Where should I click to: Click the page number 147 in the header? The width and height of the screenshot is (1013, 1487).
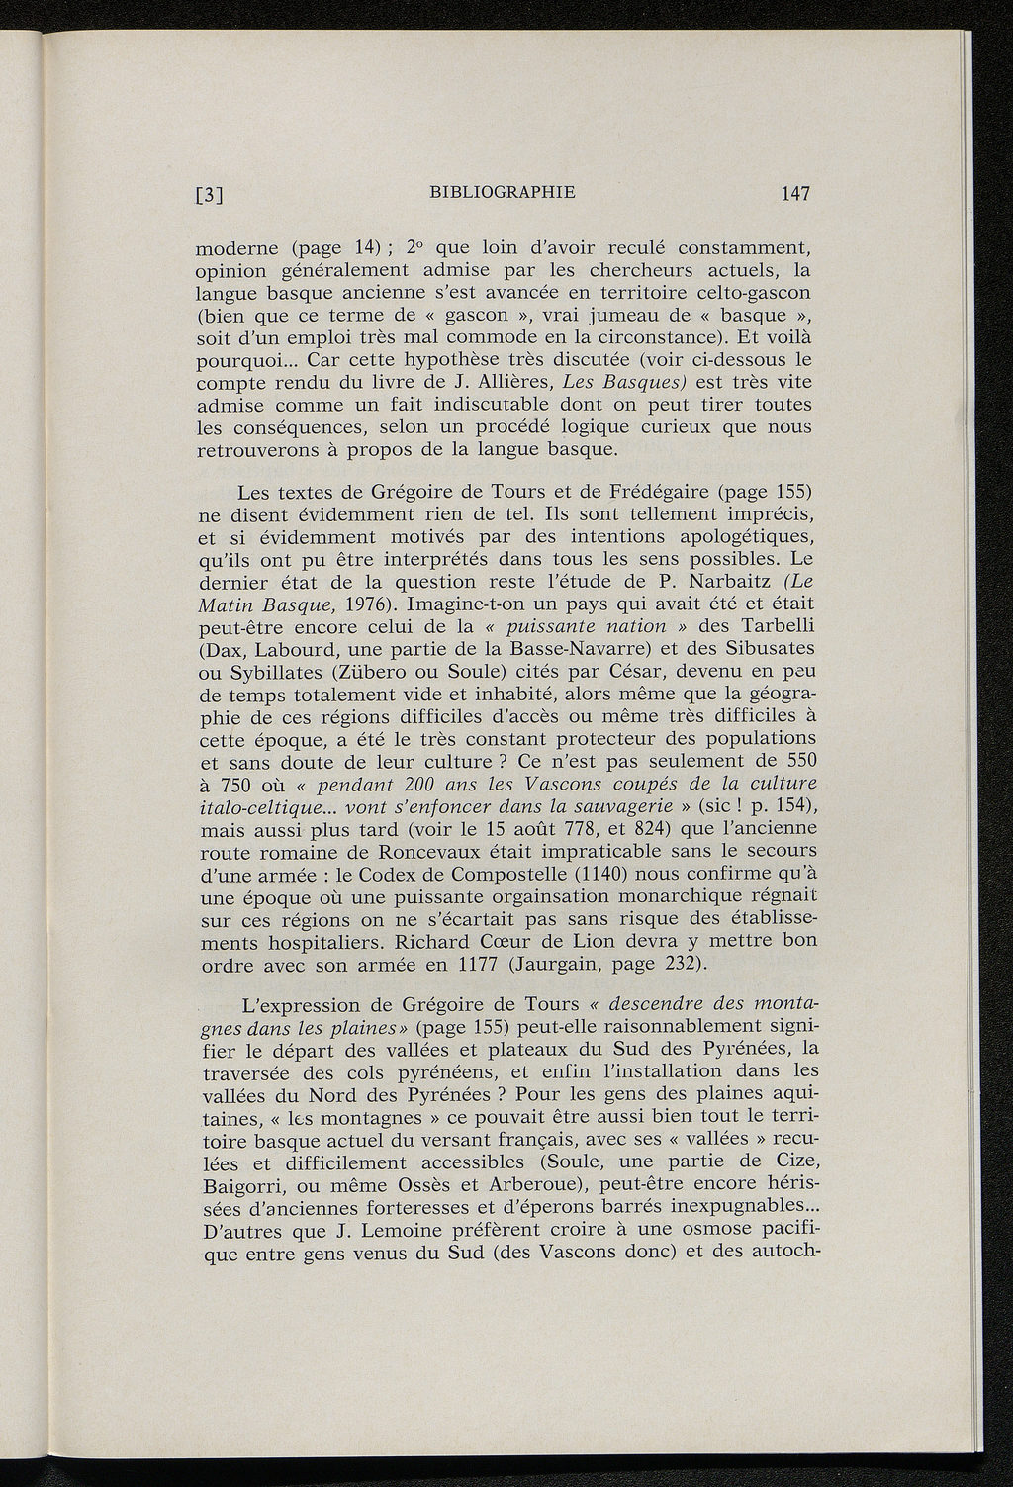pyautogui.click(x=794, y=194)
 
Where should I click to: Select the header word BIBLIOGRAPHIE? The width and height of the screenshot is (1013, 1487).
pyautogui.click(x=504, y=191)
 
